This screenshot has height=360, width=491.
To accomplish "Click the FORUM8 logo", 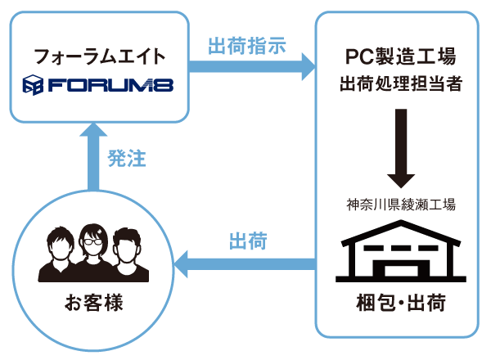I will (x=98, y=84).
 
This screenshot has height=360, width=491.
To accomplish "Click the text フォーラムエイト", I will (x=99, y=56).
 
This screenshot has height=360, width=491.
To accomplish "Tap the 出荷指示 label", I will (x=246, y=46).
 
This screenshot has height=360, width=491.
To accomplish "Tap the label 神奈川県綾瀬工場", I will (x=400, y=203).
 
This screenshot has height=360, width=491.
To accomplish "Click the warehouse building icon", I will (x=400, y=250).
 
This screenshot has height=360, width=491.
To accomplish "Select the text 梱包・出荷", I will (x=400, y=304).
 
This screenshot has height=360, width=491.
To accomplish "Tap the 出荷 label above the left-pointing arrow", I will (x=246, y=241).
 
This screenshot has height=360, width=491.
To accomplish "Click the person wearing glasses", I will (x=92, y=250).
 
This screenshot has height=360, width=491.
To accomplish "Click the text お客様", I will (x=92, y=304).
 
